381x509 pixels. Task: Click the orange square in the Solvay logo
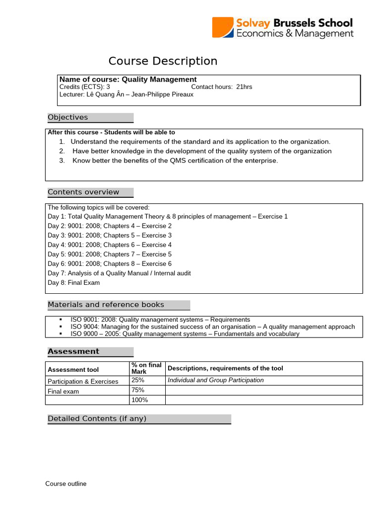[223, 27]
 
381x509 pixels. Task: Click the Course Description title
[163, 61]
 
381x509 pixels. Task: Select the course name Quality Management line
[128, 80]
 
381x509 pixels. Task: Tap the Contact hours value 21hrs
[244, 87]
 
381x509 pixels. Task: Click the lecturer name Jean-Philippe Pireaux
[163, 94]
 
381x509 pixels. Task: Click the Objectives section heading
[68, 117]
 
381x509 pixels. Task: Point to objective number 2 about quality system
[201, 151]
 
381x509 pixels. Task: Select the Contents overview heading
[83, 192]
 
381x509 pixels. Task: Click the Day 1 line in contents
[167, 217]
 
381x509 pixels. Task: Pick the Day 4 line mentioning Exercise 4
[110, 245]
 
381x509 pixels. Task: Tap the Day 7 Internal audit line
[119, 273]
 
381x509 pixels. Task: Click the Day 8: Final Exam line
[73, 283]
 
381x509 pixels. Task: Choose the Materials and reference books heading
[106, 305]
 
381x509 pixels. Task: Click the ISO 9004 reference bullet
[212, 327]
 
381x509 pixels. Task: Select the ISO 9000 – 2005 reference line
[185, 334]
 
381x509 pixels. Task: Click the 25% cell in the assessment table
[138, 380]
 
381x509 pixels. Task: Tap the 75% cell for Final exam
[138, 390]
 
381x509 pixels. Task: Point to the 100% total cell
[140, 400]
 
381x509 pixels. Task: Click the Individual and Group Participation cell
[215, 380]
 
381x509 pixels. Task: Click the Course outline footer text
[66, 484]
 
